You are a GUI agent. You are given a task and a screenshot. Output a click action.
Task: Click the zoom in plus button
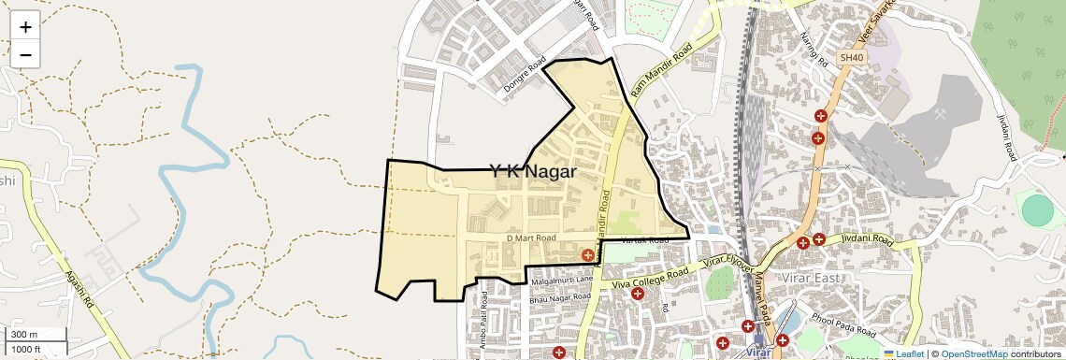pos(25,27)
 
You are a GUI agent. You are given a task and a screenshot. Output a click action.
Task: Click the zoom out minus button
pos(25,55)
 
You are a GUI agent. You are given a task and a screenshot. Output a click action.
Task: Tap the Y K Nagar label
pos(532,171)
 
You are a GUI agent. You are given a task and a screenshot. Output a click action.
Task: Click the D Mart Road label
pos(531,238)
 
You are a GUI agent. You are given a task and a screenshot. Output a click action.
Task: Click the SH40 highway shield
pos(849,58)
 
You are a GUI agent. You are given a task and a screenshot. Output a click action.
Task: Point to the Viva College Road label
pos(650,276)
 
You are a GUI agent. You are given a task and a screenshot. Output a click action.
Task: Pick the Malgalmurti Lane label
pos(563,280)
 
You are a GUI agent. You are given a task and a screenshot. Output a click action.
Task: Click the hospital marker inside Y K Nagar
pos(587,254)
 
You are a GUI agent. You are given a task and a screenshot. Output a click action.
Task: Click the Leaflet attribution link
pos(903,353)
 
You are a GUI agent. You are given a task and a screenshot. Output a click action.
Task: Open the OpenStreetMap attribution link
pos(973,353)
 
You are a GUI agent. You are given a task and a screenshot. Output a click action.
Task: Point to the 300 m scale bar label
pos(24,335)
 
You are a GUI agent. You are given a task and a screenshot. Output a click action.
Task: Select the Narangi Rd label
pos(814,51)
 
